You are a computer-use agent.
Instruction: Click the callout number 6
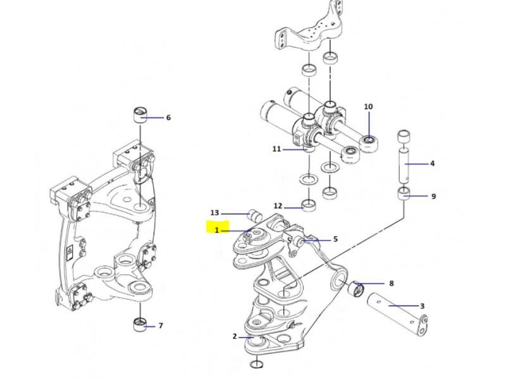[168, 117]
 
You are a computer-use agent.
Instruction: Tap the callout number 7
[161, 326]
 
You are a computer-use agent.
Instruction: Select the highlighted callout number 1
[216, 231]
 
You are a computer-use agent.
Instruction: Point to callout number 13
[214, 213]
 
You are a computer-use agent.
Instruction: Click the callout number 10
[369, 106]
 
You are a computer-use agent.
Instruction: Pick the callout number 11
[276, 149]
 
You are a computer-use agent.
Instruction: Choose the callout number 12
[278, 206]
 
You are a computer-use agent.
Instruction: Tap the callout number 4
[433, 163]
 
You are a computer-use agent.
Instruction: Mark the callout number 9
[433, 196]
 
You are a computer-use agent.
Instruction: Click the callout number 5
[336, 239]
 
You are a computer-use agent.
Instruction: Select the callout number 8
[392, 284]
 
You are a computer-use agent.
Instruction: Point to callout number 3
[422, 306]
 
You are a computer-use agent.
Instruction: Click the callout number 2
[235, 336]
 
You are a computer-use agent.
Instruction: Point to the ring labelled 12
[309, 205]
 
